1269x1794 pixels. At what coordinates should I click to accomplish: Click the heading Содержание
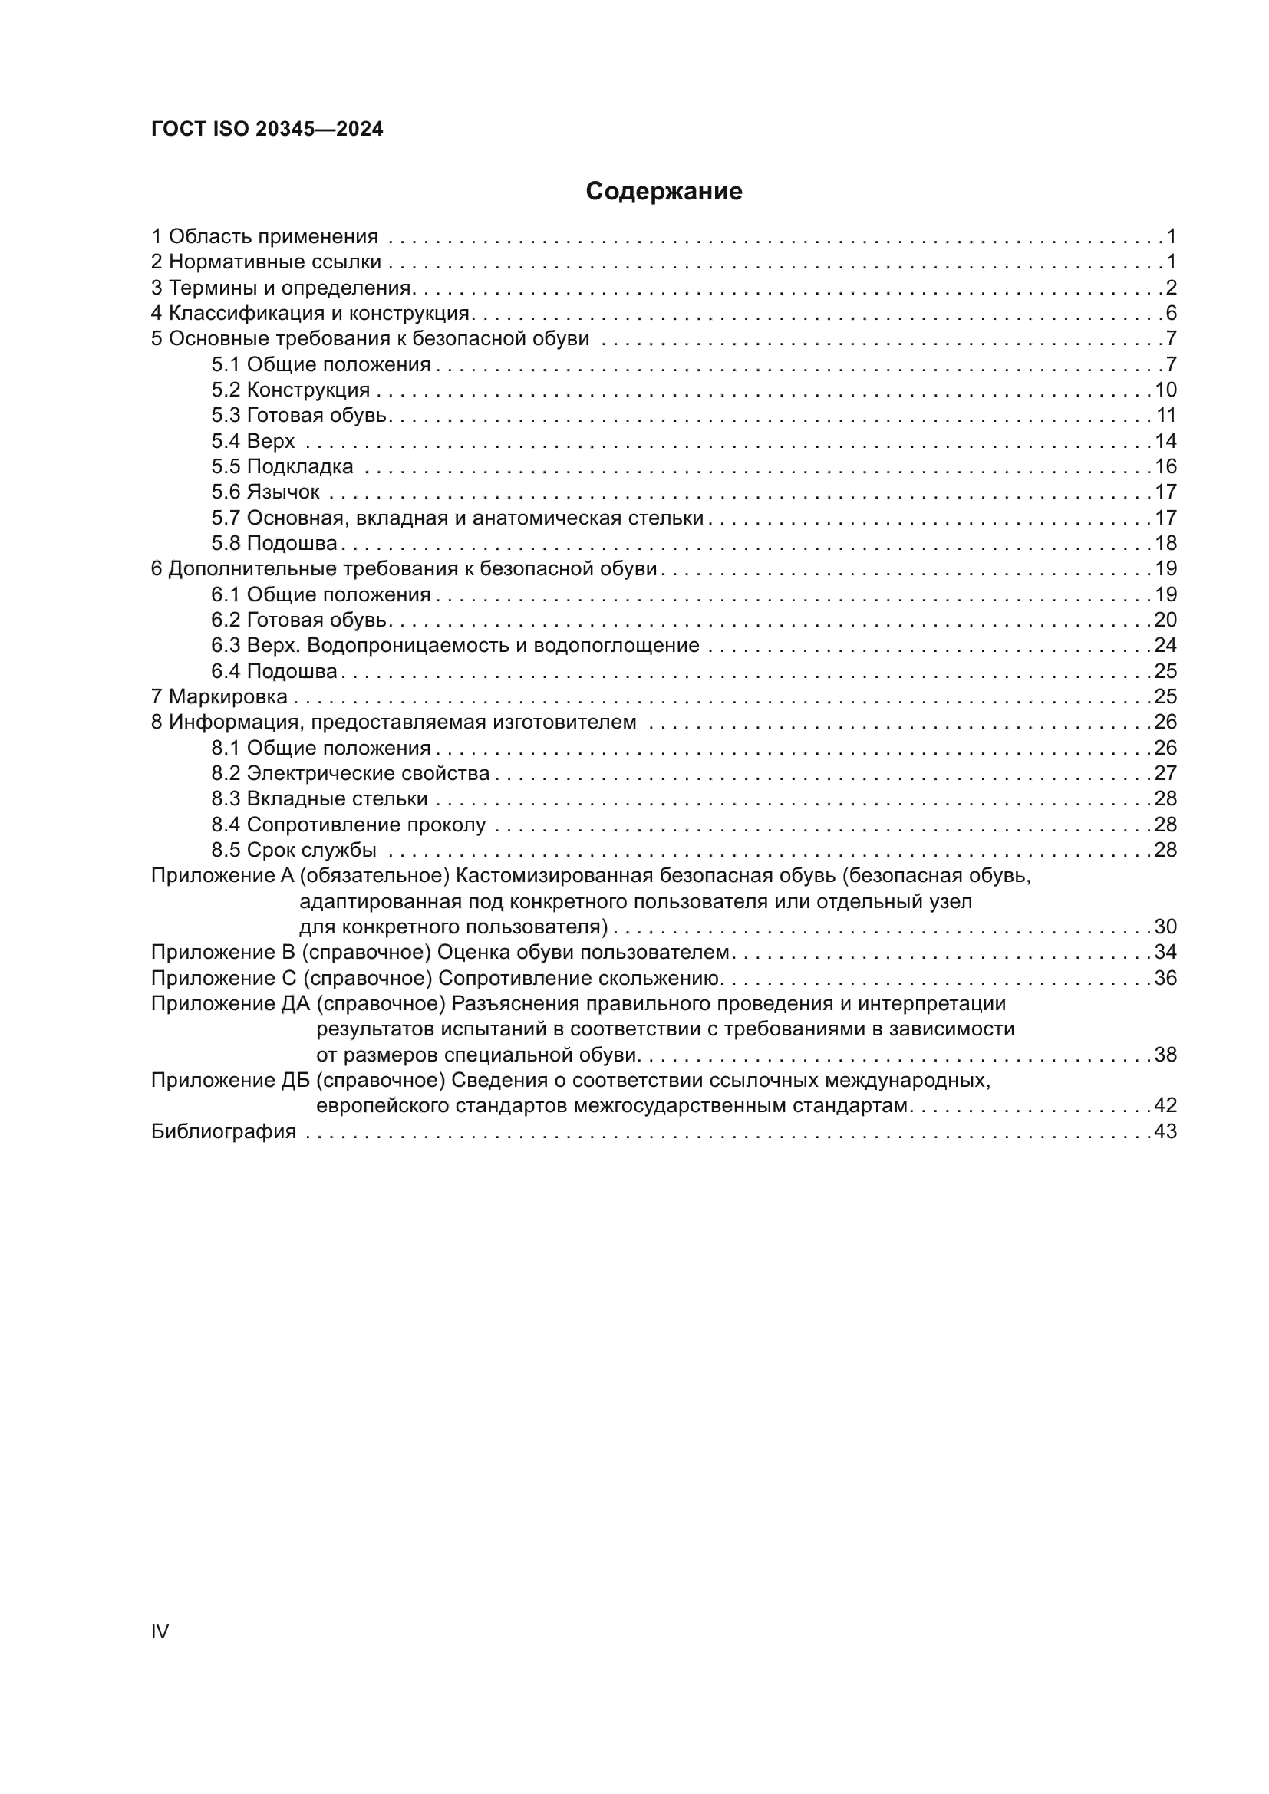click(x=664, y=192)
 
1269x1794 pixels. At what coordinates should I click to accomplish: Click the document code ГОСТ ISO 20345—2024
click(x=266, y=130)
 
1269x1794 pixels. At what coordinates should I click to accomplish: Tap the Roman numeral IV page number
click(x=160, y=1631)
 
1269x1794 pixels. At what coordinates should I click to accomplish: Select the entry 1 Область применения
click(x=264, y=236)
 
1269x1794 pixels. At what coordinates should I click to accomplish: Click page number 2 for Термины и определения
click(x=1171, y=288)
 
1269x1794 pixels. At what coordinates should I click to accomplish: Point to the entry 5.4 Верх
click(x=252, y=441)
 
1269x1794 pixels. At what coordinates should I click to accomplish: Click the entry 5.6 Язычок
click(x=265, y=492)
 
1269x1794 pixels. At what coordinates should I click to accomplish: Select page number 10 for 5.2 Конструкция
click(x=1165, y=390)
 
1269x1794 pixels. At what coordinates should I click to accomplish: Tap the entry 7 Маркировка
click(x=219, y=696)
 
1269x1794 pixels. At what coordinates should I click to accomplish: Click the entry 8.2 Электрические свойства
click(x=350, y=774)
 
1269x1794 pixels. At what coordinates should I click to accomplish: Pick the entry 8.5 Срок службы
click(x=294, y=850)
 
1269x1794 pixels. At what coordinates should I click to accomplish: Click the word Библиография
click(x=223, y=1131)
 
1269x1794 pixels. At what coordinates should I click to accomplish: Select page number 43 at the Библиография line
click(x=1165, y=1131)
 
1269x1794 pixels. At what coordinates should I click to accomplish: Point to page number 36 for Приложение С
click(x=1165, y=978)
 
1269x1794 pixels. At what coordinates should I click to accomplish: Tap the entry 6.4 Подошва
click(x=273, y=671)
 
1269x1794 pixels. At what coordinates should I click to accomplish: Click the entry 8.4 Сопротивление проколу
click(x=348, y=825)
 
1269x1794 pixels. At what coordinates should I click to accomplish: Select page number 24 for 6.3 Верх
click(x=1165, y=645)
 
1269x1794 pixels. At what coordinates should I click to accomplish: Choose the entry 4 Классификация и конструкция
click(x=309, y=314)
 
